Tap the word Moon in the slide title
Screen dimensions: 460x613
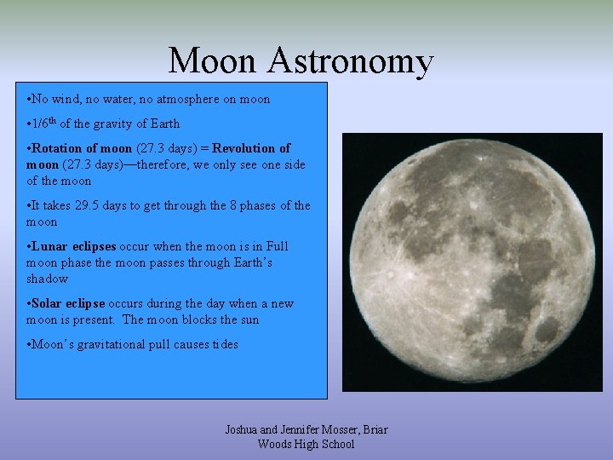214,61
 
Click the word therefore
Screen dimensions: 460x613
169,164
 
